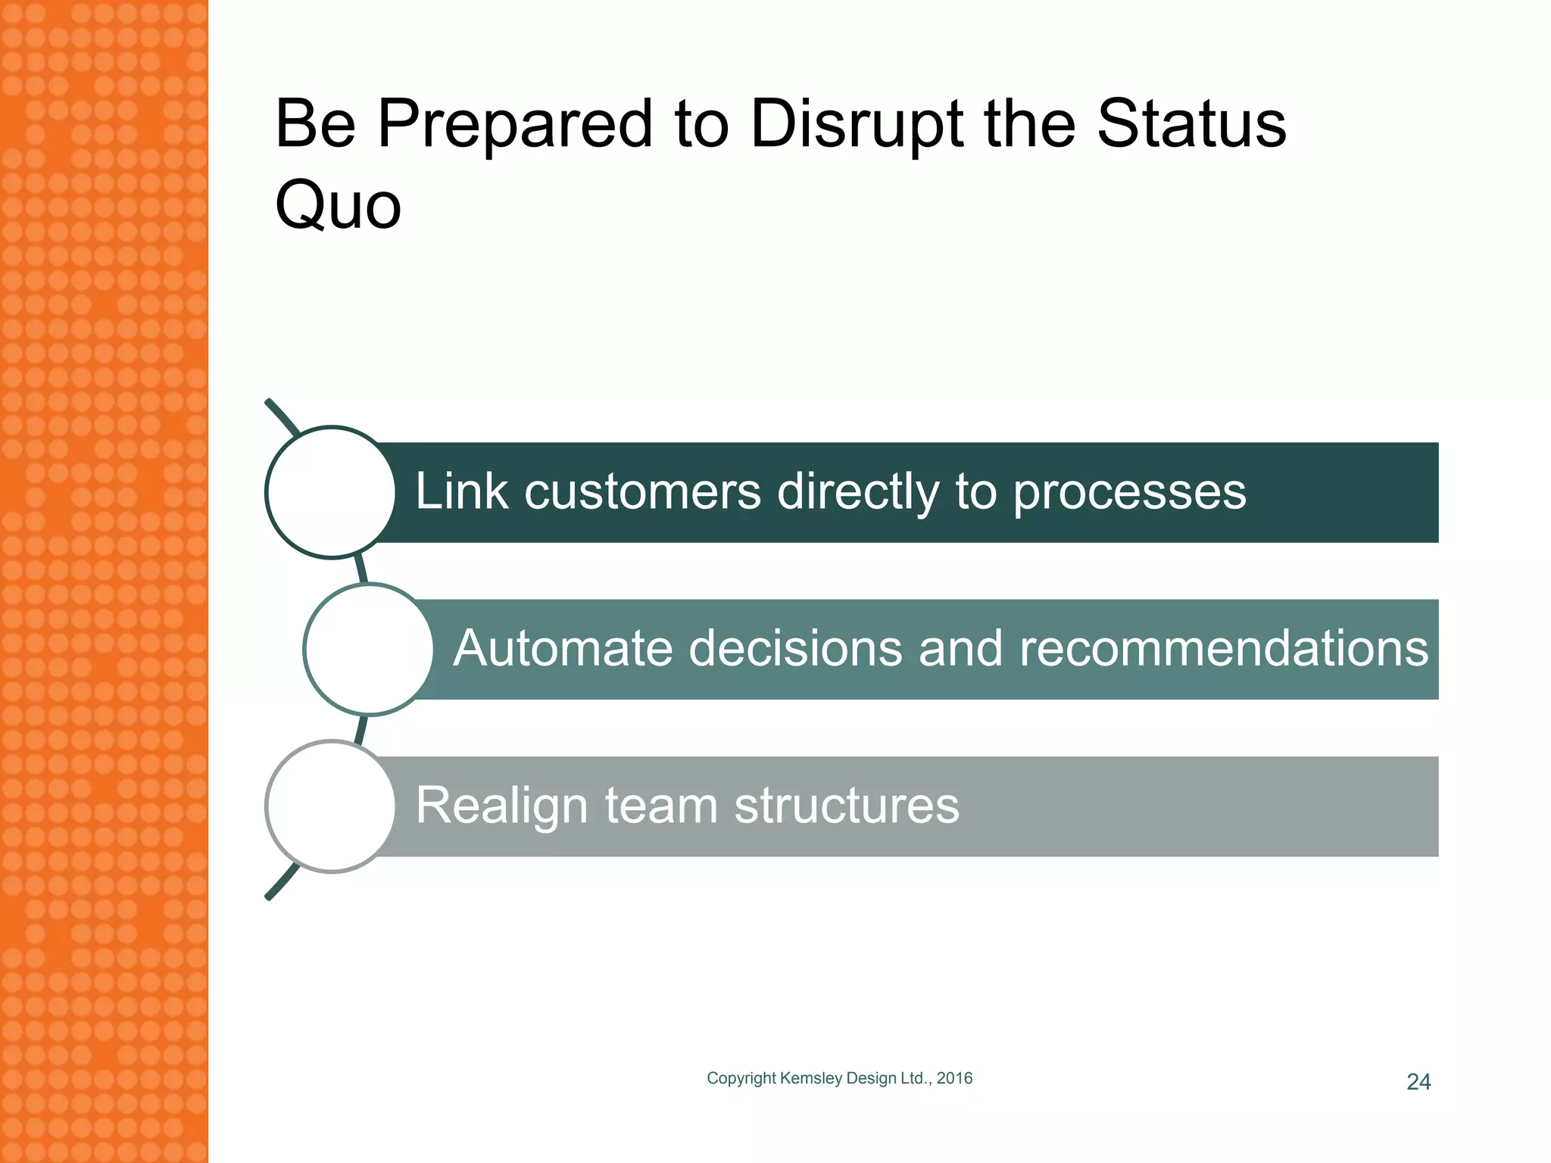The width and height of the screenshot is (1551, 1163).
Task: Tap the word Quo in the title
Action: (x=338, y=206)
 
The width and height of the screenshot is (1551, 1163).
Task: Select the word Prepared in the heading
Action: (x=515, y=125)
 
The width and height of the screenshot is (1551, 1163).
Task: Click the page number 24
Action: (x=1418, y=1082)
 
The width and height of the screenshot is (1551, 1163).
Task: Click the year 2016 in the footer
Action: (x=954, y=1078)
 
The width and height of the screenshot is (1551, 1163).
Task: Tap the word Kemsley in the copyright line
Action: (x=811, y=1078)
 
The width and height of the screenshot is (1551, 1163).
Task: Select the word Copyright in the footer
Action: (x=741, y=1079)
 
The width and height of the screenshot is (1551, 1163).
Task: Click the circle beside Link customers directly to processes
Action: (x=331, y=492)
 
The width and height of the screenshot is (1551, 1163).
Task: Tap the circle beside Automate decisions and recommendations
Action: (x=369, y=650)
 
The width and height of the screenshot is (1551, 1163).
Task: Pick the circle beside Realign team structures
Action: (x=331, y=806)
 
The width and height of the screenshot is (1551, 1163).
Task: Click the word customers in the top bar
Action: (x=642, y=492)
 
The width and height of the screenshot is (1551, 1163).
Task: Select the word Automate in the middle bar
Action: (x=563, y=649)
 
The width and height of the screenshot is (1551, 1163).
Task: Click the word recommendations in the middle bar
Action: (x=1223, y=649)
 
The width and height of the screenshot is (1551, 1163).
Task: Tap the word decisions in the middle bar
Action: (x=795, y=649)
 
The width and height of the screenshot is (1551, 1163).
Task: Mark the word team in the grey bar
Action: (x=661, y=806)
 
